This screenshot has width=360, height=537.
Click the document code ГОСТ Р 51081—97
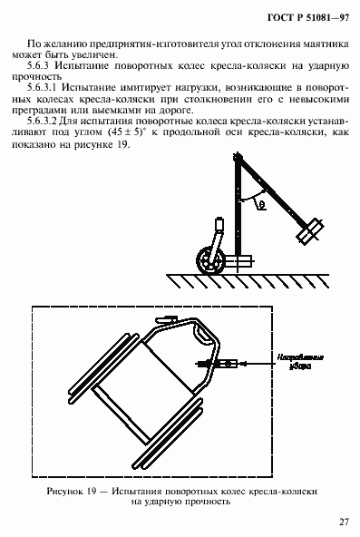(290, 18)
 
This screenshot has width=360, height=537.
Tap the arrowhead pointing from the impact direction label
(251, 364)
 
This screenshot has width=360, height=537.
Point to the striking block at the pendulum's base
(240, 262)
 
